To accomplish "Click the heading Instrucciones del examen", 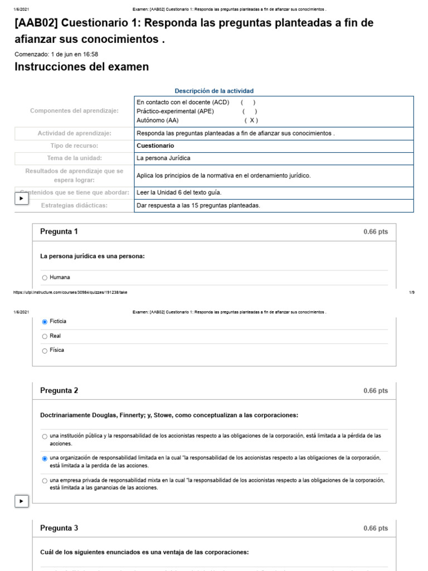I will click(81, 67).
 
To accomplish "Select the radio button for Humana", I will click(45, 277).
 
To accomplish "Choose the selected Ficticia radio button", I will click(45, 322).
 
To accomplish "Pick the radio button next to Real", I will click(45, 336).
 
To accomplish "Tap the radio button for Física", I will click(45, 351).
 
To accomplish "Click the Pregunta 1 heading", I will click(59, 231).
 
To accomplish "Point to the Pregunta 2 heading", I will click(59, 390).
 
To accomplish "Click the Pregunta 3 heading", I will click(59, 528).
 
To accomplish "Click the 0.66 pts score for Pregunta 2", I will click(375, 391).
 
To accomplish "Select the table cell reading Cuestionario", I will click(155, 146).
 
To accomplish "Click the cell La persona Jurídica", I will click(163, 158).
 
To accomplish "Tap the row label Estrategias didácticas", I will click(74, 205).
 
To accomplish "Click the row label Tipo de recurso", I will click(74, 146).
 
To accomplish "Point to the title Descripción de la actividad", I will click(214, 91).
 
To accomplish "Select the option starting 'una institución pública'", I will click(45, 437).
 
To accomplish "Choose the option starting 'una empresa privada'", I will click(45, 481).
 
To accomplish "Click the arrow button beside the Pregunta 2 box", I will click(21, 502).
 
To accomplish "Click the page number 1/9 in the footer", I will click(411, 292).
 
